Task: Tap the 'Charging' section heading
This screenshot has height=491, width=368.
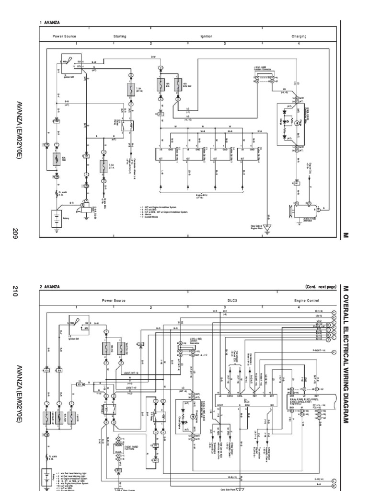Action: (x=299, y=36)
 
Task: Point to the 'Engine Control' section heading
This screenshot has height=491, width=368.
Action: (x=307, y=300)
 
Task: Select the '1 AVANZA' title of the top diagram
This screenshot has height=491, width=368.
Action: (x=50, y=23)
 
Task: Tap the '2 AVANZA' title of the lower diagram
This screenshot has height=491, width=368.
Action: (x=50, y=286)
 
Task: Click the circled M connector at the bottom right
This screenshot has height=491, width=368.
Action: (x=334, y=485)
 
